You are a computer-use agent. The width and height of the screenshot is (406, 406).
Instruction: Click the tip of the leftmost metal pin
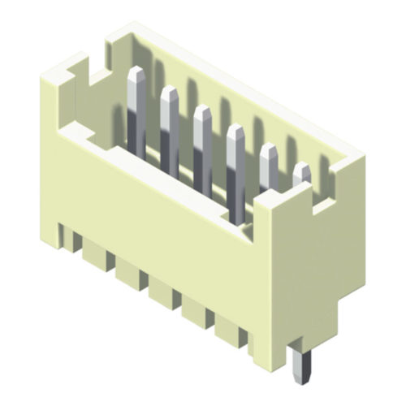[137, 75]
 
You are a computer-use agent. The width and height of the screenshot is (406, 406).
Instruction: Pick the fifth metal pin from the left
[267, 162]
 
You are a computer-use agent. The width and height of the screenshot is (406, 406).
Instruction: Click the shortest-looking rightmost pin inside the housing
[301, 173]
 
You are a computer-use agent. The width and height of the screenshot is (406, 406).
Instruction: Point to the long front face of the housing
[154, 211]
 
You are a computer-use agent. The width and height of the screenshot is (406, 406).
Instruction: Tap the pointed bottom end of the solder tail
[300, 382]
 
